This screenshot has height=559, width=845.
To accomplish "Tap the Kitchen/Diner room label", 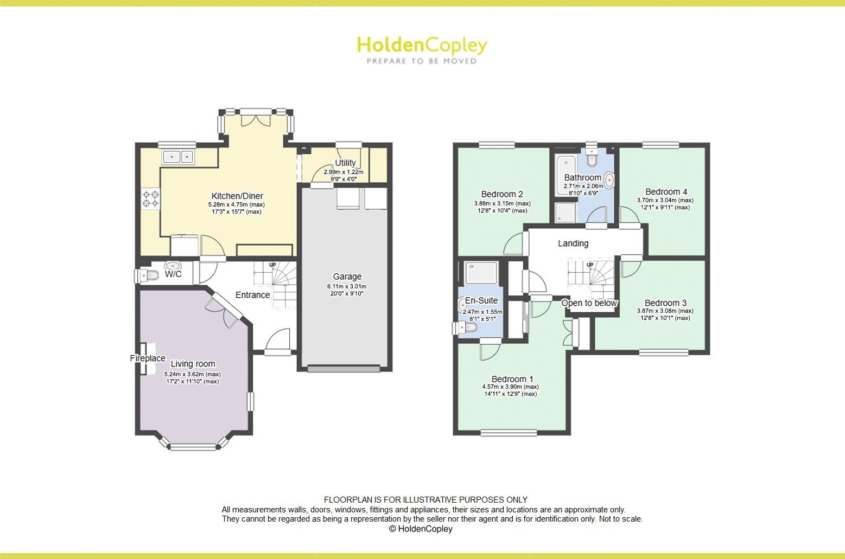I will [x=237, y=196].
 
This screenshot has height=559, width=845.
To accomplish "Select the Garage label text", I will [x=347, y=277].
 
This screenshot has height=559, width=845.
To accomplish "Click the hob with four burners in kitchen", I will [x=151, y=198].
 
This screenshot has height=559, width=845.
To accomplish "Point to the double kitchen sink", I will [x=179, y=157].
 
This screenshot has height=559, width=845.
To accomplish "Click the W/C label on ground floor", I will [x=173, y=274].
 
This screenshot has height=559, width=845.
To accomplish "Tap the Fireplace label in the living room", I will [x=148, y=358].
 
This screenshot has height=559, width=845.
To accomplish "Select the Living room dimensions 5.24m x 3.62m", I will [x=193, y=374].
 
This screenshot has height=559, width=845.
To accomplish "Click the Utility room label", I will [x=345, y=163].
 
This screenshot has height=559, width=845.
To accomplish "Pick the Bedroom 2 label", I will [x=502, y=194].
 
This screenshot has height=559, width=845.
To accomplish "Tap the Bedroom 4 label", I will [x=666, y=191].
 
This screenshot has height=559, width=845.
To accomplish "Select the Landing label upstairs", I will [x=573, y=243].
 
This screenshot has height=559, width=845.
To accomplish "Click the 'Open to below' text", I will [x=589, y=303].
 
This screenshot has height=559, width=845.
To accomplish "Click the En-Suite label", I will [x=481, y=300].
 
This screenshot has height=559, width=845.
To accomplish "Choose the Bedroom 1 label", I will [x=512, y=379].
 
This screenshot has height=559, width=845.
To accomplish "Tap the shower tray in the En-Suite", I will [x=481, y=273].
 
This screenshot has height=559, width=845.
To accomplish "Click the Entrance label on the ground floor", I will [x=252, y=295].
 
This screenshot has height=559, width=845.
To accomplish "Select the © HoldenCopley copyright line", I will [x=421, y=529].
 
